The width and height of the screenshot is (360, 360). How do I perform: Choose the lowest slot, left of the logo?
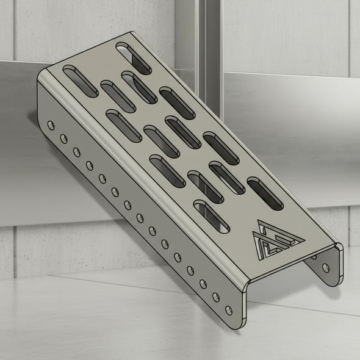tap(211, 216)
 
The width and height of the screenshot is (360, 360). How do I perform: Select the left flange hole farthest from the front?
tap(51, 124)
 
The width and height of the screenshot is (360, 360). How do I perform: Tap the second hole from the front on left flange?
tap(215, 297)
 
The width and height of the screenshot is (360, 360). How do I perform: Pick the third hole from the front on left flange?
tap(203, 283)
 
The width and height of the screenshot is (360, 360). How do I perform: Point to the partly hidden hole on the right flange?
tap(313, 257)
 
